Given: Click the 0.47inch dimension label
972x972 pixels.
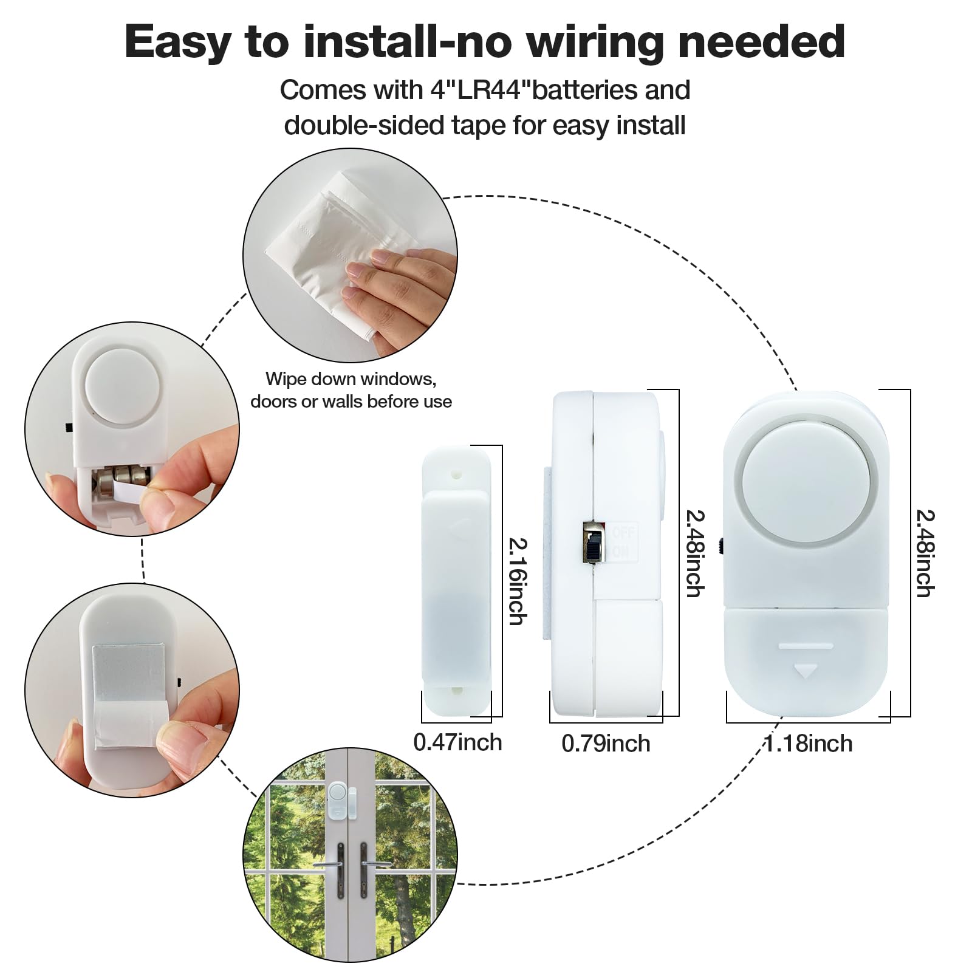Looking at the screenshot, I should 457,742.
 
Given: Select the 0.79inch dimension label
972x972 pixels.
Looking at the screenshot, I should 606,744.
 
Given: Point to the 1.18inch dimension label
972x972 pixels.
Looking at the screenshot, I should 809,744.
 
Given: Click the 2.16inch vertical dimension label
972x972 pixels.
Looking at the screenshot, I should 517,581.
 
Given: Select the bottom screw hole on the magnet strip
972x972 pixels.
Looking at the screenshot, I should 456,691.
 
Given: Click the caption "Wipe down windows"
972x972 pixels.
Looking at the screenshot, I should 351,379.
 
